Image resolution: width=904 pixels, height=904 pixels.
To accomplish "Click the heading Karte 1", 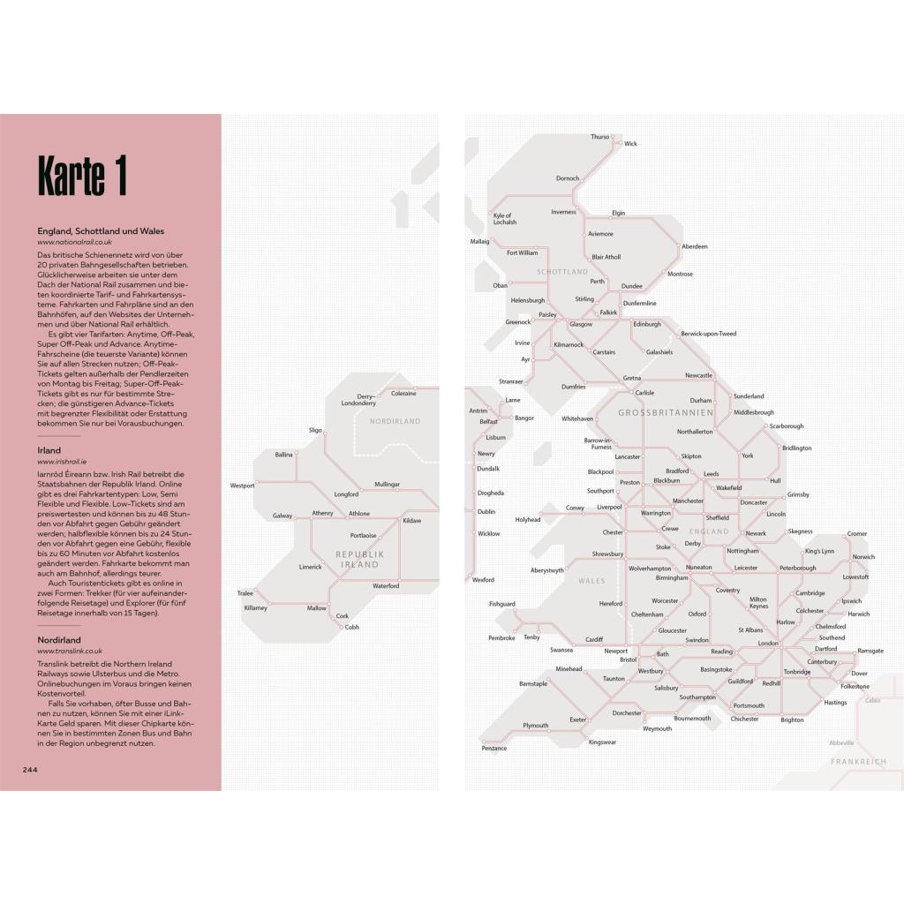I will click(x=82, y=176).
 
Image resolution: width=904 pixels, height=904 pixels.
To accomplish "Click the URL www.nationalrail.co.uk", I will click(x=74, y=241).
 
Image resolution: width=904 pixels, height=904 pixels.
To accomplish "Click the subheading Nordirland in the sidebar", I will click(x=59, y=640).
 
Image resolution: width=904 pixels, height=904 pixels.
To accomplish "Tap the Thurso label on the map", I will click(x=600, y=137).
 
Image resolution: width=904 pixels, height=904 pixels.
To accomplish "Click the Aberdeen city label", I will click(x=695, y=246).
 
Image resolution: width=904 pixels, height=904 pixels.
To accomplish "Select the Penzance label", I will click(x=494, y=749).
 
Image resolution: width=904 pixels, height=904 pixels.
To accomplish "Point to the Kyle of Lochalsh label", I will click(x=504, y=219).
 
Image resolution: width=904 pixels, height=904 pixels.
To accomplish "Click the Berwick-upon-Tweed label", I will click(x=708, y=334).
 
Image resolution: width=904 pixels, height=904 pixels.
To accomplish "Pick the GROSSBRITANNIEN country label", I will click(x=666, y=412).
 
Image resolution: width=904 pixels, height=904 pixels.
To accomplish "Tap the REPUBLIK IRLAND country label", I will click(x=360, y=559).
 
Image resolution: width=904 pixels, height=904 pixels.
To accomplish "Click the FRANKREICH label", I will click(x=858, y=761).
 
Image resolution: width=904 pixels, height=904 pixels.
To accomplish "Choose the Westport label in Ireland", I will click(x=242, y=486).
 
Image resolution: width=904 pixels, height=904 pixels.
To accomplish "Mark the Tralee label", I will click(x=245, y=593).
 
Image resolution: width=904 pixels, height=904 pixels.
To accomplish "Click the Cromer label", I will click(x=857, y=534).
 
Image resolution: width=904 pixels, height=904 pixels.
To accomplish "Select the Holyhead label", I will click(x=528, y=520).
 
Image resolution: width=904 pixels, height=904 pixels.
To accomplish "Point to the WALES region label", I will click(x=591, y=581).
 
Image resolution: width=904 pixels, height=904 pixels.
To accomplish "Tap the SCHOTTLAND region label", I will click(x=561, y=272).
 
